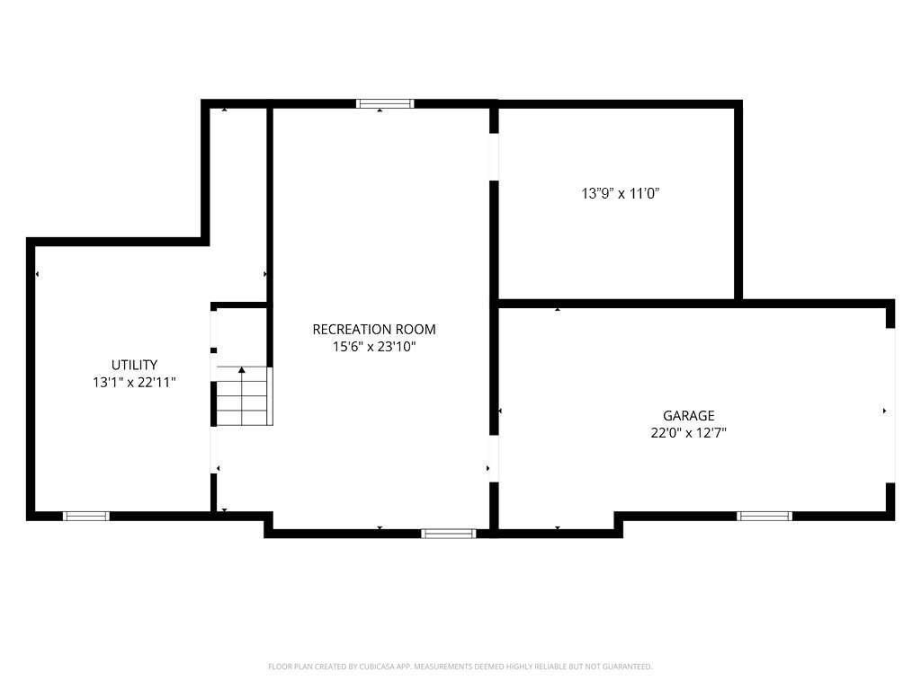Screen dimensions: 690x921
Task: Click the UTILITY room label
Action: (134, 365)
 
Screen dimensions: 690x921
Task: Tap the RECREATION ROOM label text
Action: (373, 330)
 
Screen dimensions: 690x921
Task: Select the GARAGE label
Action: (688, 415)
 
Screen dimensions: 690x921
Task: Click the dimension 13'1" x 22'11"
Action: (134, 382)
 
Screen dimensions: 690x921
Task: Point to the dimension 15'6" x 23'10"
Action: (373, 347)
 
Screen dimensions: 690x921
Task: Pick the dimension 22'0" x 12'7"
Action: (688, 432)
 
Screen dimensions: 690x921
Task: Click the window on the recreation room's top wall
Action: (385, 104)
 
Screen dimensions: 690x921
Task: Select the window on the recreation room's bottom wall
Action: (449, 533)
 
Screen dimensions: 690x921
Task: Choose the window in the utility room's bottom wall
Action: (86, 516)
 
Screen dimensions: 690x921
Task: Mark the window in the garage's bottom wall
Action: (764, 516)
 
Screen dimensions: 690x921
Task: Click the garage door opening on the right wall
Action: (890, 405)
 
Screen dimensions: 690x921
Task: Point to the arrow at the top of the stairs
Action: (242, 369)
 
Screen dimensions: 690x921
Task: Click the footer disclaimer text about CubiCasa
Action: (460, 667)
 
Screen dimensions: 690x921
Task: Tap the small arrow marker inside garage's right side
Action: (884, 411)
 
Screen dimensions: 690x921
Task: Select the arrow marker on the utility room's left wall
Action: (37, 274)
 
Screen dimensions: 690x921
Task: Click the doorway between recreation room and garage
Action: (493, 459)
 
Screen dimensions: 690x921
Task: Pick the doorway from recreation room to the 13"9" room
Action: (493, 157)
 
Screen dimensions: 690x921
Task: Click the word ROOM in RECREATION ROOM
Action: (418, 330)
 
